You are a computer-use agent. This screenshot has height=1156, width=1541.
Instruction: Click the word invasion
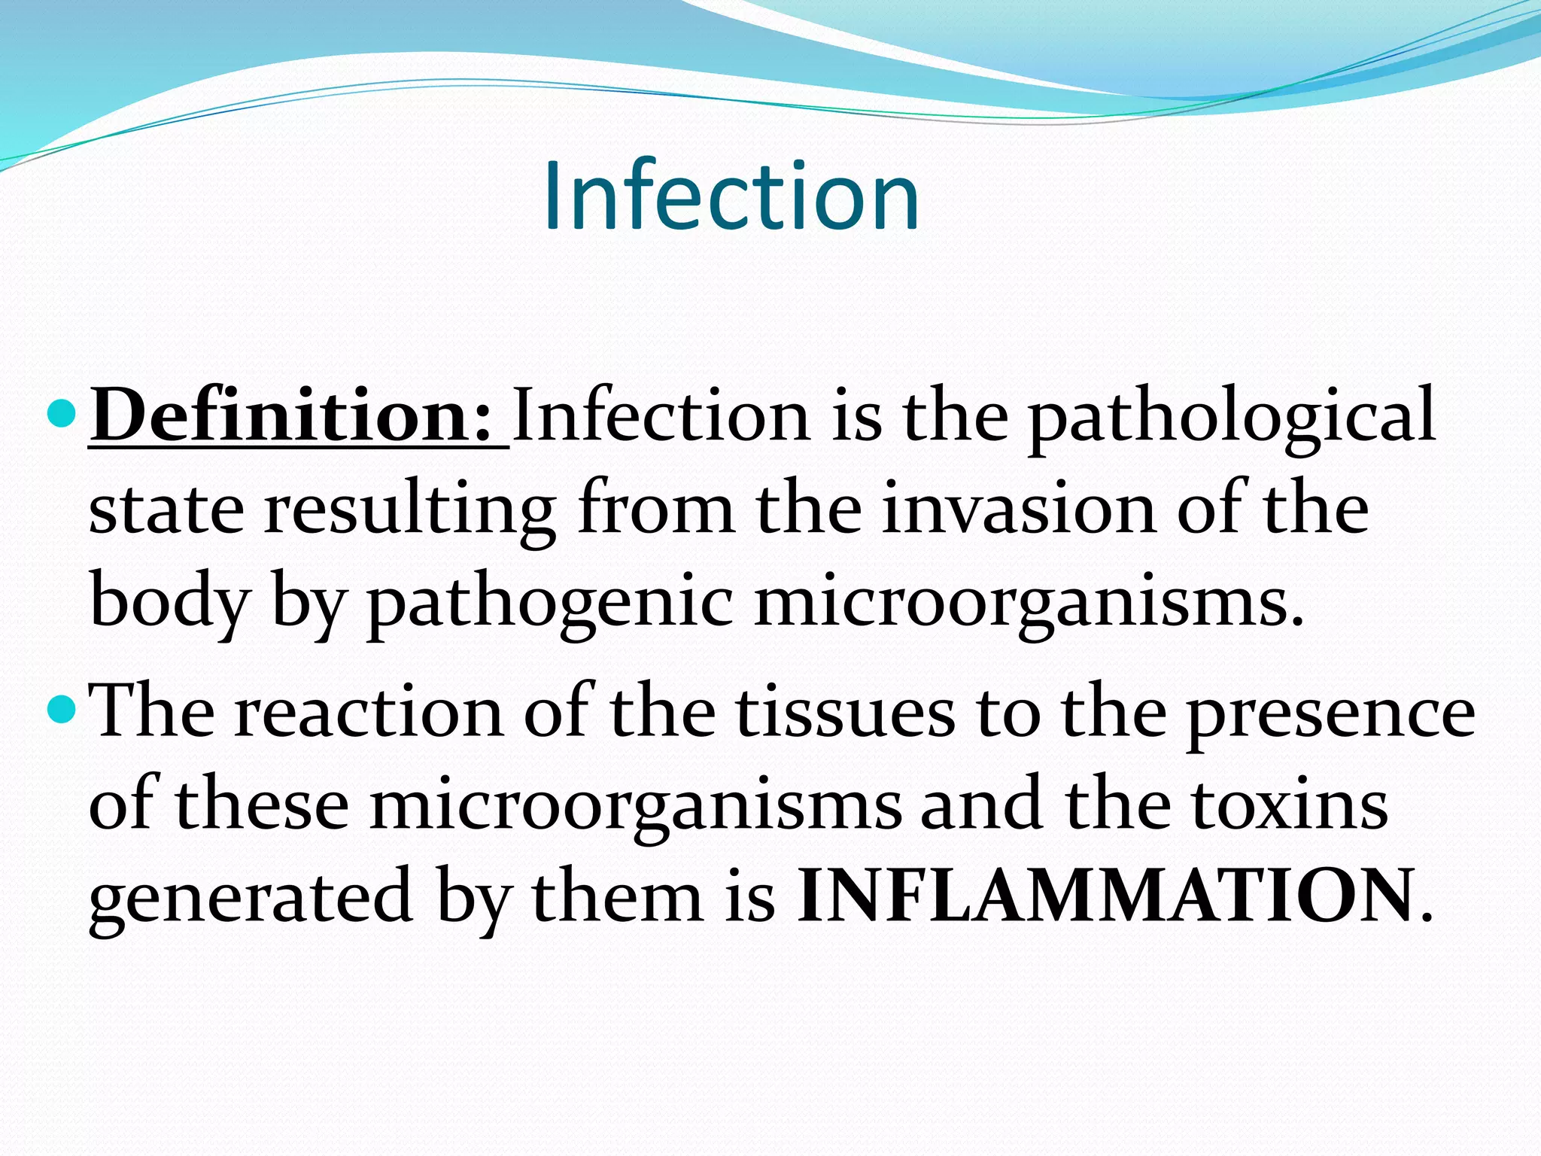(1018, 509)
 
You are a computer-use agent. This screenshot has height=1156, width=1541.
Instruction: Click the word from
(656, 509)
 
